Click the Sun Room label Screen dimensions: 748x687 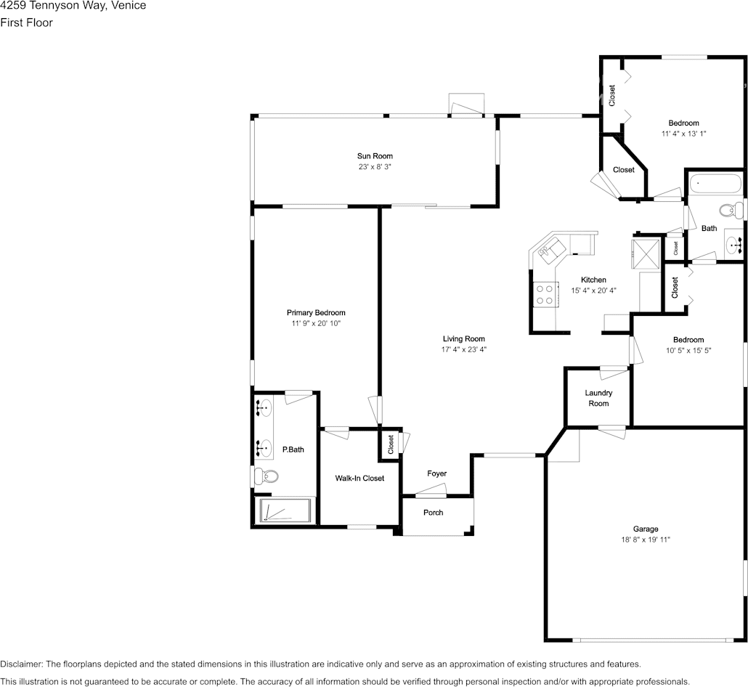pos(375,156)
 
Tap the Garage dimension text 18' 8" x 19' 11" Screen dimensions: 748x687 pos(646,540)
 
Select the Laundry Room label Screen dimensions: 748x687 pos(598,398)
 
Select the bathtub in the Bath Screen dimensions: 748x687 pos(715,184)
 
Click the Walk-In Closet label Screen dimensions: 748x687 pos(359,478)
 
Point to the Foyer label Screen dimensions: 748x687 pos(436,473)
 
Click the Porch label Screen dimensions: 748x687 pos(433,513)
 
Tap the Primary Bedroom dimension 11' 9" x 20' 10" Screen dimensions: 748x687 pos(316,323)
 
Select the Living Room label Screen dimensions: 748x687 pos(463,338)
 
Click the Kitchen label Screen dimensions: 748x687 pos(593,280)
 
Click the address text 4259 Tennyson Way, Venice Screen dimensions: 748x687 pos(73,6)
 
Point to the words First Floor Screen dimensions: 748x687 pos(26,23)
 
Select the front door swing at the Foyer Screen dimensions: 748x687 pos(431,490)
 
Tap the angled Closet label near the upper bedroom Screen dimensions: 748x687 pos(624,170)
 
